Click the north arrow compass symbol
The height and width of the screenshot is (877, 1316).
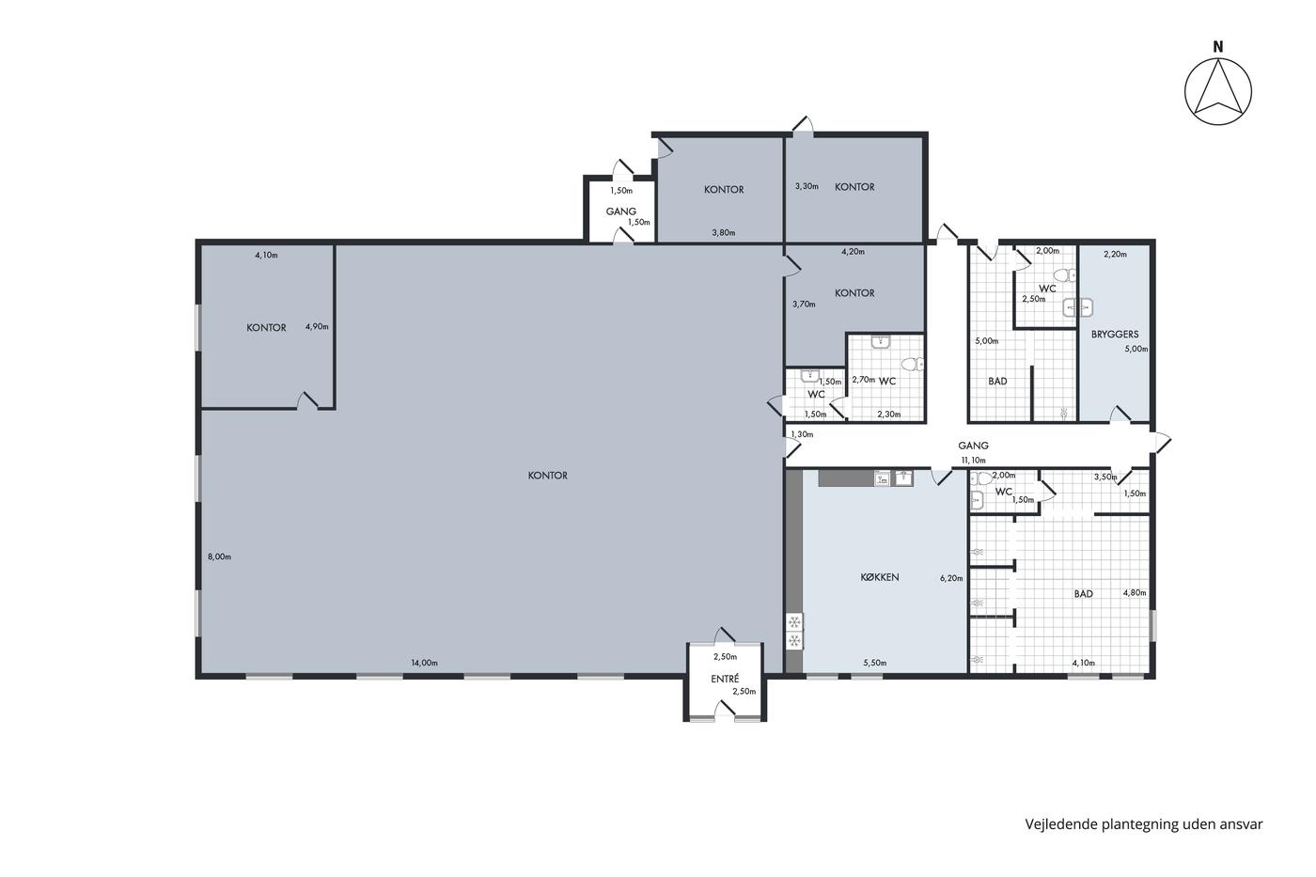(1218, 91)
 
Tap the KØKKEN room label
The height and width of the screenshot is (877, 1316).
(880, 577)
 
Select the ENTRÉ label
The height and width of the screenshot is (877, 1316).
(725, 679)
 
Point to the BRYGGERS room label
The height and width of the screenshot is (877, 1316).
(1115, 335)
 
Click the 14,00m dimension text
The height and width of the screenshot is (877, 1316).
(424, 664)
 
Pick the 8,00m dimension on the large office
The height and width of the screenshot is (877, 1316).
(219, 556)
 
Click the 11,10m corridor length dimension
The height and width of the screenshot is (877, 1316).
(974, 461)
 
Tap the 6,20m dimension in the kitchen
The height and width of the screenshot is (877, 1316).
(951, 578)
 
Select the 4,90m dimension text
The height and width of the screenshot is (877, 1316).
(317, 326)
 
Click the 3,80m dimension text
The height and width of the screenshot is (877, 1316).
(724, 232)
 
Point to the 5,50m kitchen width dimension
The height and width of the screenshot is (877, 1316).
(875, 664)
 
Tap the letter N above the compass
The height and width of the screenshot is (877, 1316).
(1218, 47)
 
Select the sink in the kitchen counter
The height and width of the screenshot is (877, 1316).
(903, 478)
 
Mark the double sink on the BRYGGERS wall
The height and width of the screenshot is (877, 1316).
(1078, 307)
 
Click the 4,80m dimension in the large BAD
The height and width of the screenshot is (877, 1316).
(1135, 593)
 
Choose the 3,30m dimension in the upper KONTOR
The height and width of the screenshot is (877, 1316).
(807, 186)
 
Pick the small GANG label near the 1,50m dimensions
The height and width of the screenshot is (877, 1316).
(621, 211)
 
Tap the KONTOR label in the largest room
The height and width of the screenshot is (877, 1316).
(547, 476)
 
